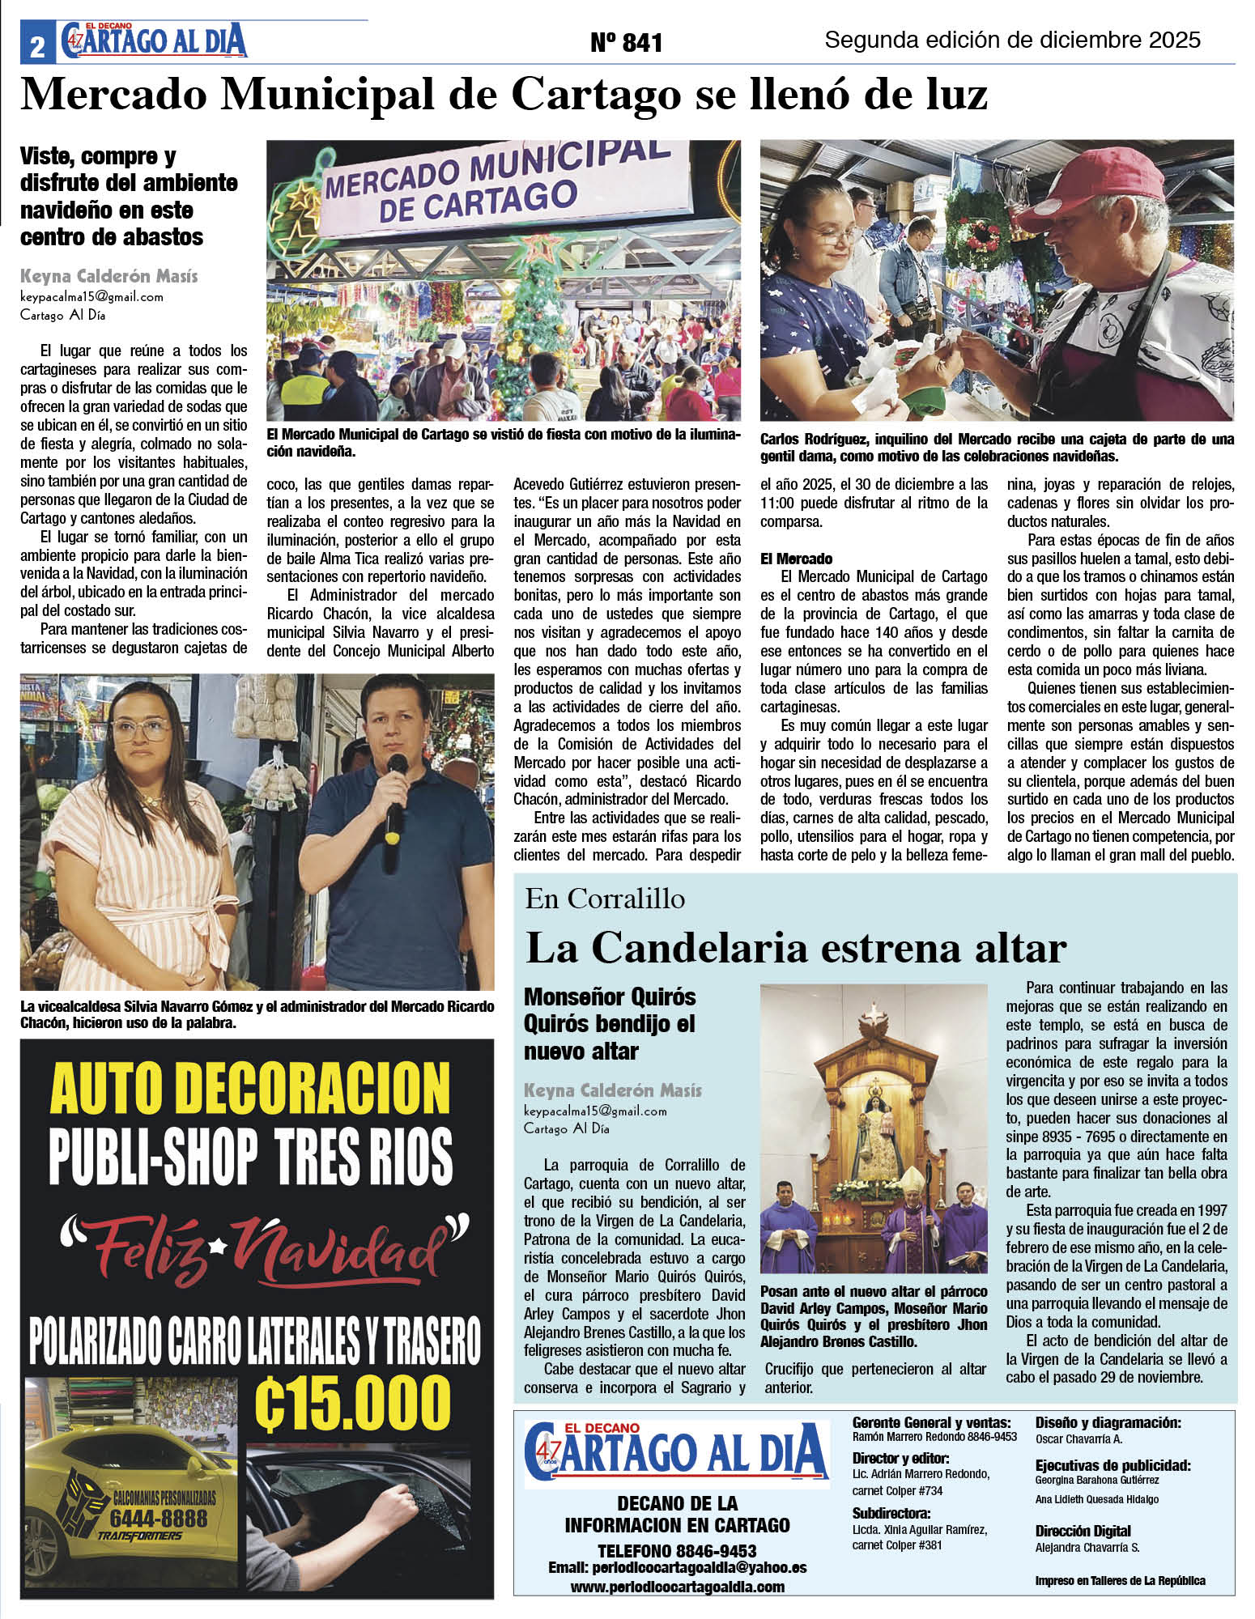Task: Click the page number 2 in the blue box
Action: click(37, 47)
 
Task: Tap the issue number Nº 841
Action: click(626, 43)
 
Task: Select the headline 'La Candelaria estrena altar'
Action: click(795, 948)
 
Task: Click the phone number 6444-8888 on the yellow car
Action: click(158, 1519)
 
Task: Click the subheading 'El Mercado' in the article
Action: click(796, 559)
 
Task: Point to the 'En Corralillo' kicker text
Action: click(605, 899)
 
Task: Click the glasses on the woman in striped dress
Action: click(143, 729)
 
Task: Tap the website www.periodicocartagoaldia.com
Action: click(677, 1587)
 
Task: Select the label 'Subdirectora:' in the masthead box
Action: click(891, 1513)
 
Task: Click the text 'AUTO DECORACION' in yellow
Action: click(250, 1090)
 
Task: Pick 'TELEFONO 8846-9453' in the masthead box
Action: click(677, 1550)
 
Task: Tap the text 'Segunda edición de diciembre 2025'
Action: click(1012, 40)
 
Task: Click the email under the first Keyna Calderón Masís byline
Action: click(91, 296)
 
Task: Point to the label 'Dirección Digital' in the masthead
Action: click(1083, 1531)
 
